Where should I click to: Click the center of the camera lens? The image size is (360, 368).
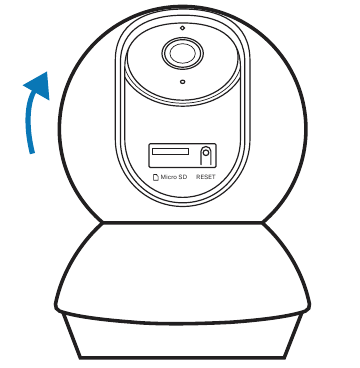click(181, 51)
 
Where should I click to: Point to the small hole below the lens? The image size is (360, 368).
click(181, 83)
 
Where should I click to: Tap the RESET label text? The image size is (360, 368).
click(206, 177)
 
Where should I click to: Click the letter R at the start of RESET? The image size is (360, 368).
click(198, 177)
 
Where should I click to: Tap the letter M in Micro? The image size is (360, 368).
click(162, 177)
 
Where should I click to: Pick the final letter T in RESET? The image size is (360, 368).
click(214, 177)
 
